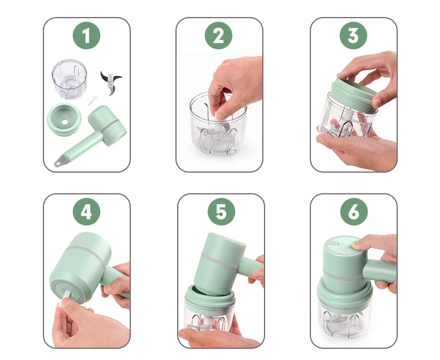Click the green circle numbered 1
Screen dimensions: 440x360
coord(86,35)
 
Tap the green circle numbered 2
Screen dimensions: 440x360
coord(219,35)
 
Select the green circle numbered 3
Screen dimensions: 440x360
coord(353,35)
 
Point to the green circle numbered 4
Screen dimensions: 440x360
coord(86,211)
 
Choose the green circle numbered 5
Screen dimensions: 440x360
coord(221,211)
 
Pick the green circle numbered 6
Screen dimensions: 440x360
coord(354,211)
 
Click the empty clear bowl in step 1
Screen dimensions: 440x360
coord(69,79)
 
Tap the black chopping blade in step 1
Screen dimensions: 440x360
coord(111,83)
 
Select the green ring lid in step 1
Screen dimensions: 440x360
coord(65,120)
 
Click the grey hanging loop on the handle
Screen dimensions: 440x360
coord(59,162)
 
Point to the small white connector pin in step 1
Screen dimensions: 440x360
coord(93,100)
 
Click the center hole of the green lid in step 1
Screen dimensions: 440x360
coord(65,122)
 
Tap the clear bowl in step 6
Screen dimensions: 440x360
coord(344,319)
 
